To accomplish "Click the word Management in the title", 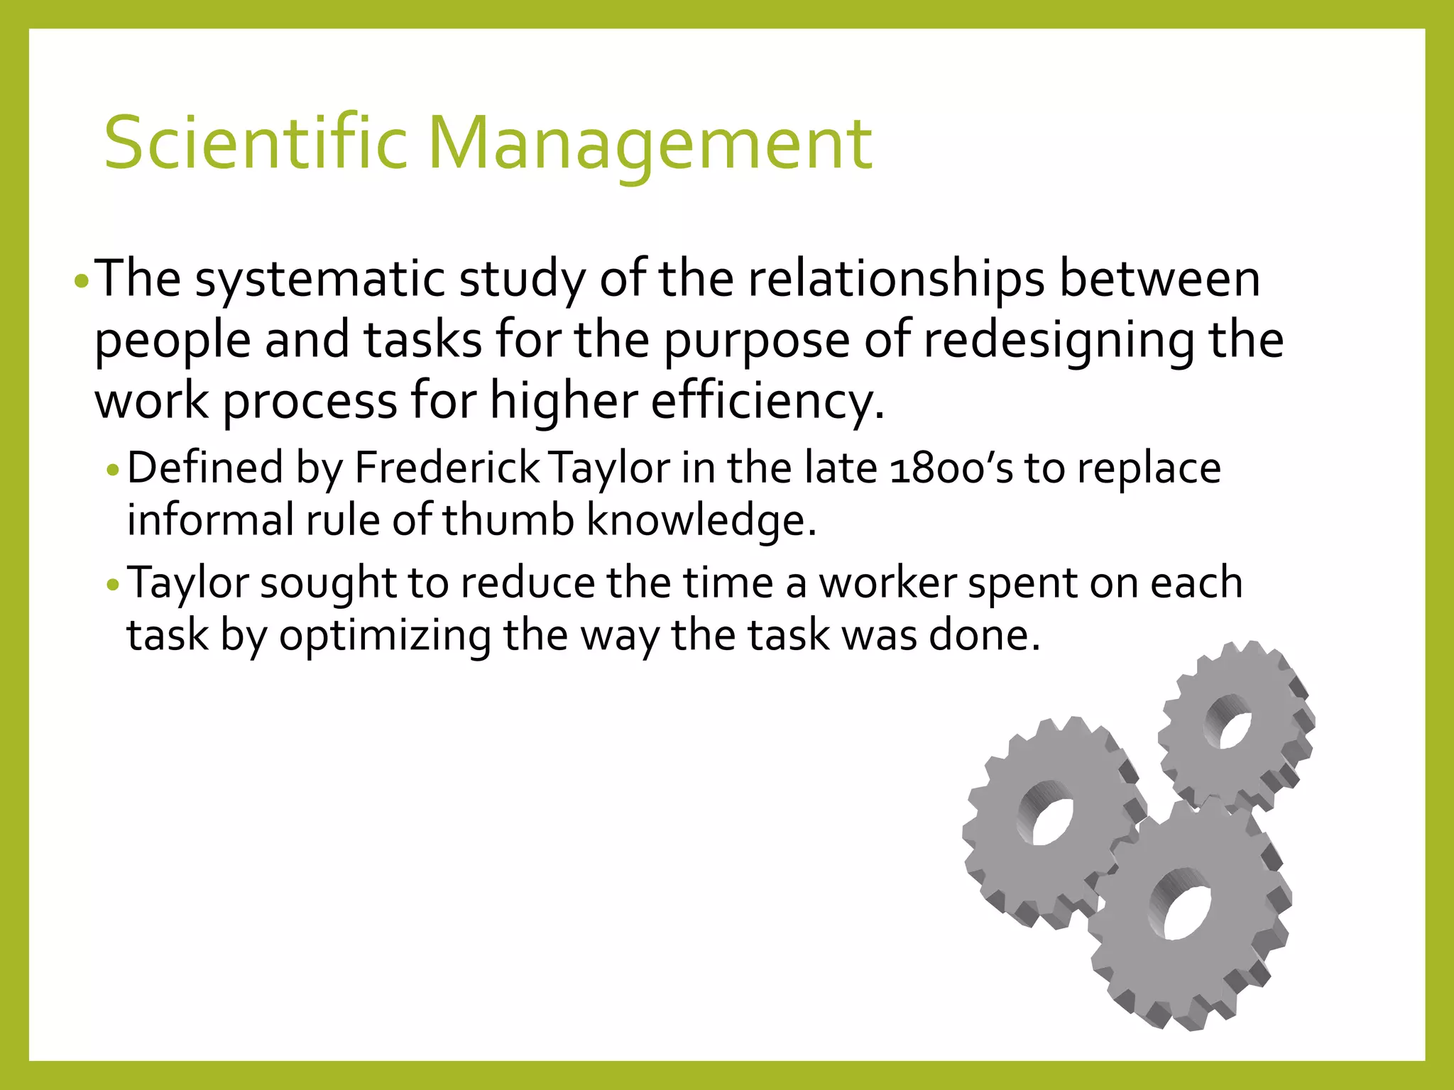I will point(649,144).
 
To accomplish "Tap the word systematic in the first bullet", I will point(319,278).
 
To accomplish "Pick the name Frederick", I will point(447,468).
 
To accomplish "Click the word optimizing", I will point(385,635).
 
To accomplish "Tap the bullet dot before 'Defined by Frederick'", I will point(114,470).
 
